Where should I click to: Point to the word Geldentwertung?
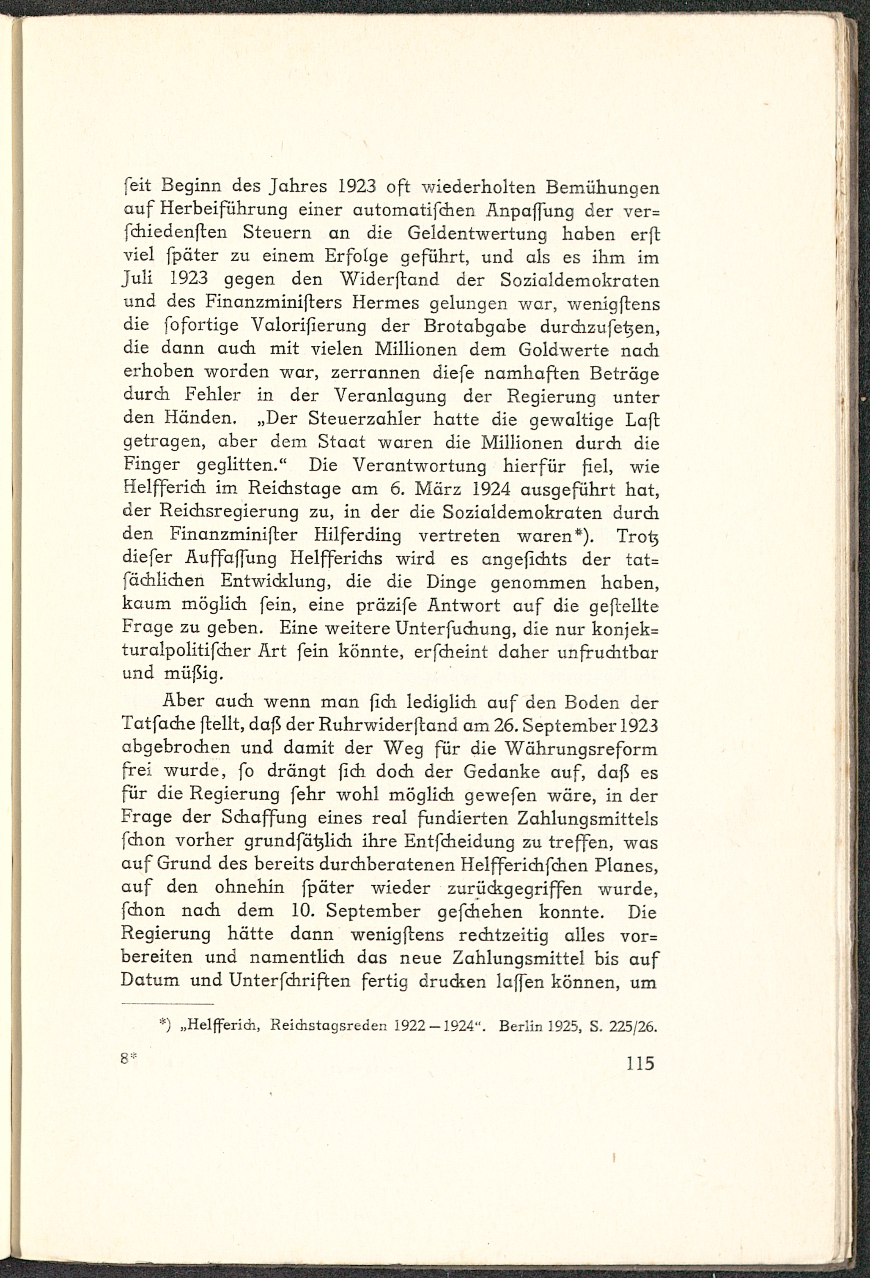point(477,234)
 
